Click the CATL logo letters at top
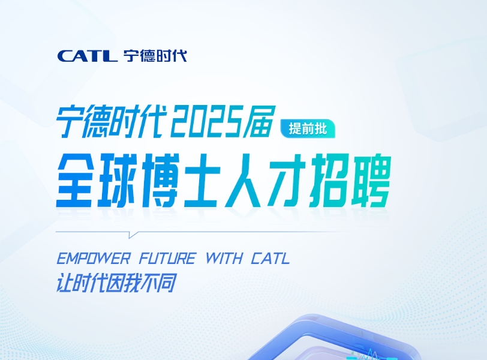click(88, 56)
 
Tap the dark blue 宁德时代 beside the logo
click(155, 56)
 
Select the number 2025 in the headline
click(205, 121)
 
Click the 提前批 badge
click(308, 128)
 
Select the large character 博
click(161, 181)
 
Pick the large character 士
click(203, 181)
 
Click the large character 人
click(245, 181)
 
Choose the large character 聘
click(371, 181)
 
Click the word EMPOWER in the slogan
click(93, 259)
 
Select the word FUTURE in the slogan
click(167, 259)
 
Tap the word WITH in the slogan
click(224, 259)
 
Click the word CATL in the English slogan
click(270, 259)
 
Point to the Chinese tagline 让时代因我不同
click(116, 283)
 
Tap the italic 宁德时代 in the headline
click(110, 121)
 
